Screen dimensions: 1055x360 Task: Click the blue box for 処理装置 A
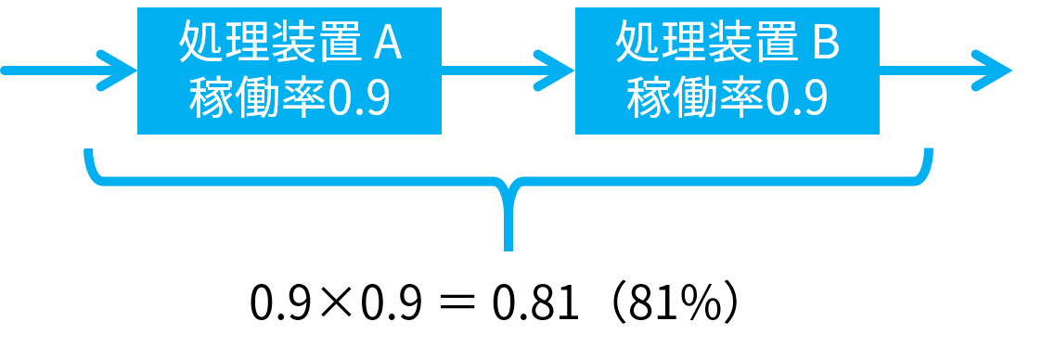tap(289, 71)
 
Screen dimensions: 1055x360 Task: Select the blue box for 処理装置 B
tap(727, 71)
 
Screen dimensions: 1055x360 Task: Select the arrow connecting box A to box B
tap(508, 70)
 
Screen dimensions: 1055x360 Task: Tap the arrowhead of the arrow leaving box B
tap(993, 70)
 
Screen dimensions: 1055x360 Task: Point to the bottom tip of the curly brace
tap(508, 250)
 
